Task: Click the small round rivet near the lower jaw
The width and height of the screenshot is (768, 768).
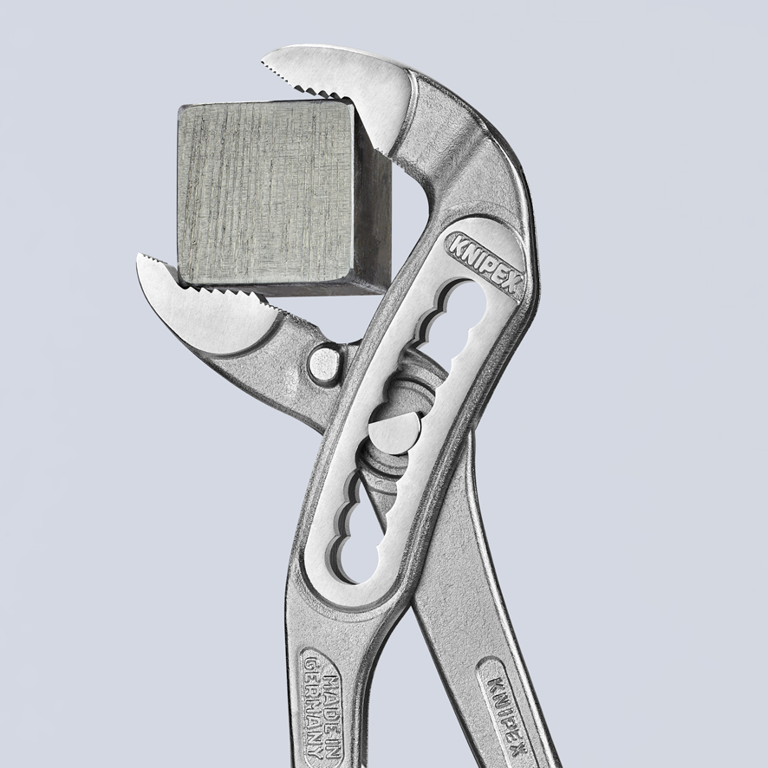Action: pos(324,363)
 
